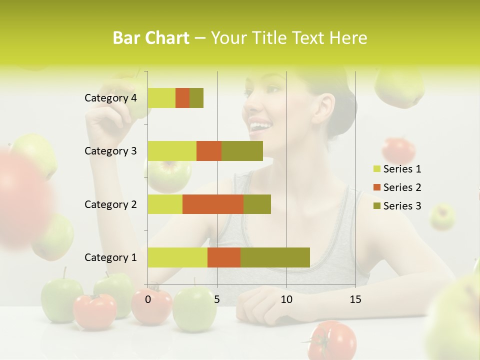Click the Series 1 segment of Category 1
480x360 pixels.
pos(177,257)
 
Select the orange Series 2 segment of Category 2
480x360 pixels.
pos(213,204)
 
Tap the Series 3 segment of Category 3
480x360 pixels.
pos(242,151)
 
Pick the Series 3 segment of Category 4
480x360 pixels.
pos(196,98)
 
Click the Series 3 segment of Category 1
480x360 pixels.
pos(275,257)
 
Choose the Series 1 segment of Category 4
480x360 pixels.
pos(161,98)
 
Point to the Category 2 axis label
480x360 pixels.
pos(110,204)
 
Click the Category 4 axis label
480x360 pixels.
pos(110,98)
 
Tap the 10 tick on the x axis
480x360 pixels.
pos(286,299)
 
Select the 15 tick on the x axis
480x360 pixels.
pos(355,299)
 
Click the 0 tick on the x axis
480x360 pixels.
pos(148,299)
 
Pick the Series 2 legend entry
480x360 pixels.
pos(402,187)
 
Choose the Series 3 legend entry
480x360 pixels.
pos(402,206)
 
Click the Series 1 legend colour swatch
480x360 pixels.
pos(376,169)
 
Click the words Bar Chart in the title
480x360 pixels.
pos(151,38)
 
